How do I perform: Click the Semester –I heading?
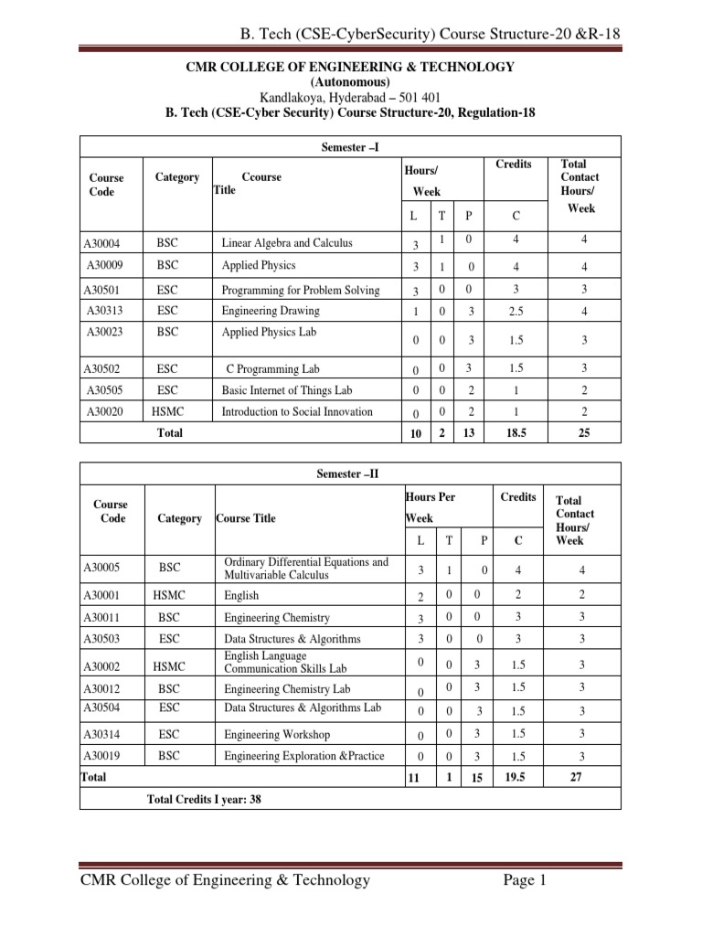351,147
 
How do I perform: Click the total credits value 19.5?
517,777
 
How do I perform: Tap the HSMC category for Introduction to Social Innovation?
168,412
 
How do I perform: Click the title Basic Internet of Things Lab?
286,390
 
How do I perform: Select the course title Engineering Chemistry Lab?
287,689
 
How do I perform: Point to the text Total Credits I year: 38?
205,799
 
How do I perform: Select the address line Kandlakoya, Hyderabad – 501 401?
351,97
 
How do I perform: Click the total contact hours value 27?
581,777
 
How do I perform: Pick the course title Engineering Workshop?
277,734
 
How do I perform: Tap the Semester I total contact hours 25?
581,434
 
